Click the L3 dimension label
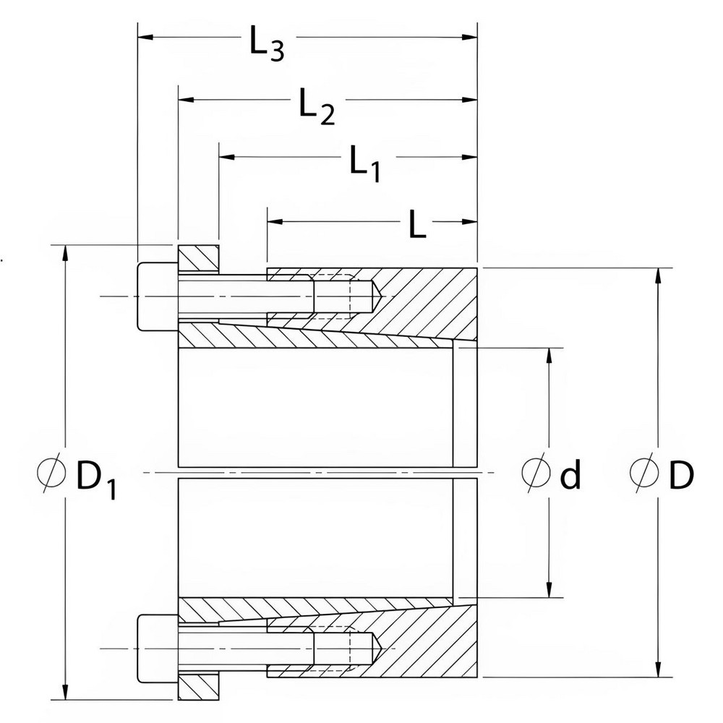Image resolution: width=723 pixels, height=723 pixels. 266,45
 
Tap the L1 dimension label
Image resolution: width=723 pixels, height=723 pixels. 364,163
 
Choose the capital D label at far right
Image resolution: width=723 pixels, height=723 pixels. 680,474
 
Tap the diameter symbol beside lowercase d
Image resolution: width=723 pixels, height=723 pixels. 534,474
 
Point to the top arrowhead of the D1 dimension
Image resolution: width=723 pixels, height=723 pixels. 66,252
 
